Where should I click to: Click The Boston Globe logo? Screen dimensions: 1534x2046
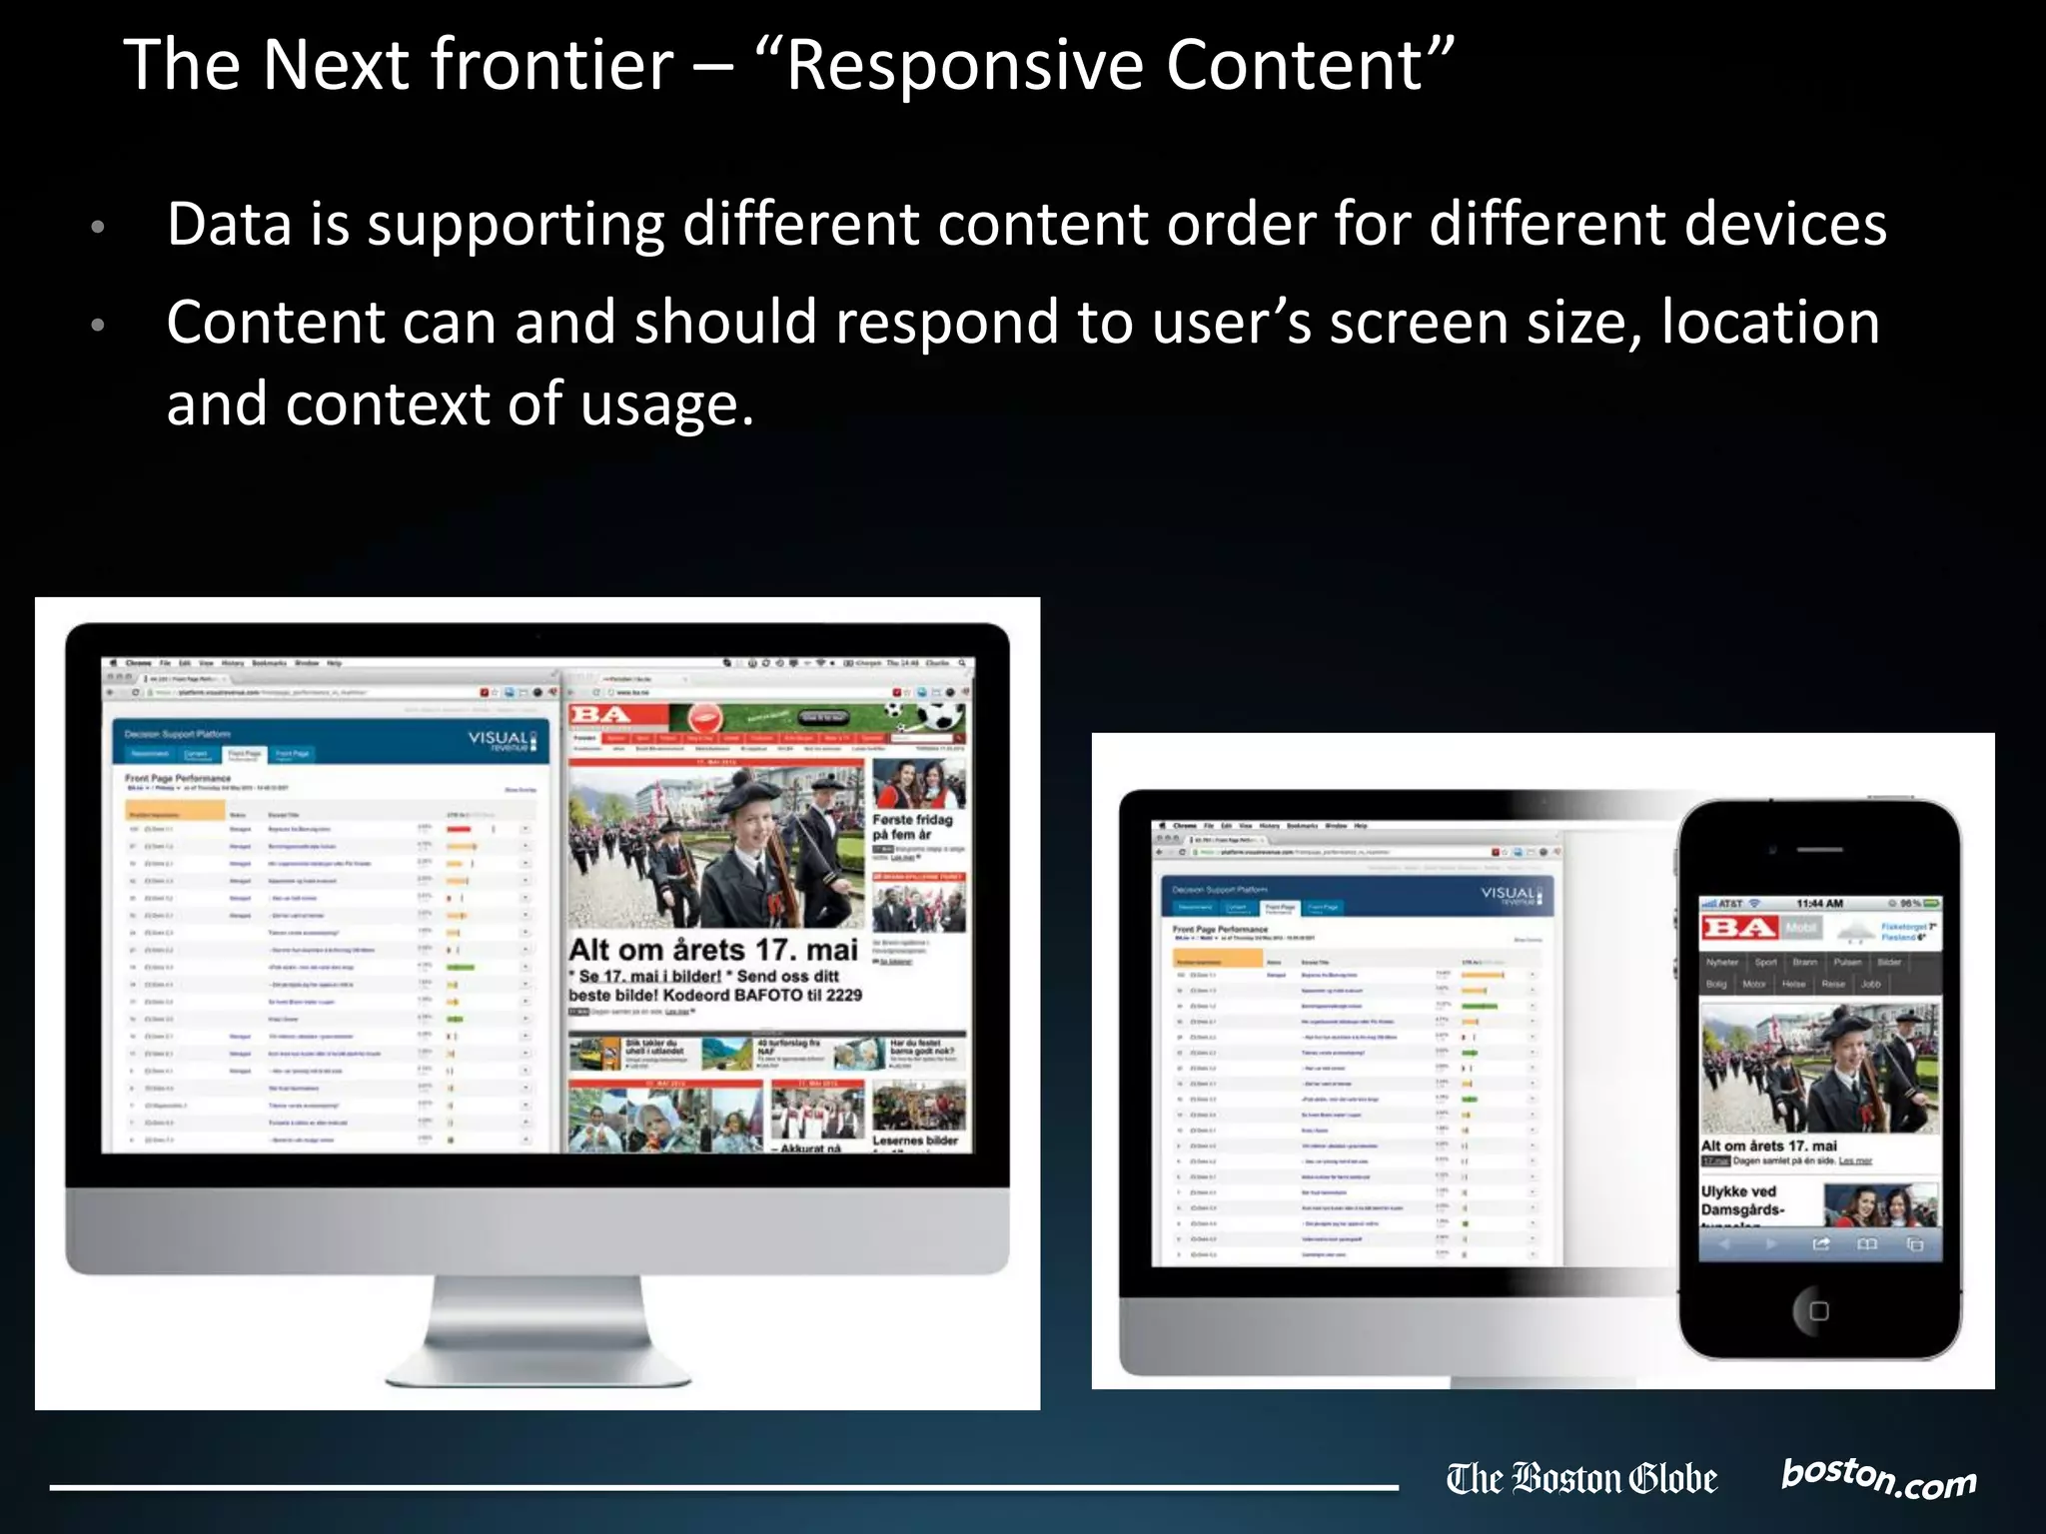[x=1581, y=1479]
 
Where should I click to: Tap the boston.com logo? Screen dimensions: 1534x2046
[x=1878, y=1478]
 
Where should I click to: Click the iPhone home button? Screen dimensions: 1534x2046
[x=1818, y=1310]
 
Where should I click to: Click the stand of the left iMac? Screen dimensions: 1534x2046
[x=537, y=1328]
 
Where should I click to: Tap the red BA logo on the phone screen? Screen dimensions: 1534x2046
[x=1739, y=928]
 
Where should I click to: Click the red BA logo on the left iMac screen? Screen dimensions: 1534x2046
[x=600, y=715]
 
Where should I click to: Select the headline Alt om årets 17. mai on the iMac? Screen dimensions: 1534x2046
[x=713, y=950]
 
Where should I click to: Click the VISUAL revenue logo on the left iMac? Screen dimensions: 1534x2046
[x=502, y=740]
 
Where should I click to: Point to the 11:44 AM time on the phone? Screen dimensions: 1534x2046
[x=1819, y=904]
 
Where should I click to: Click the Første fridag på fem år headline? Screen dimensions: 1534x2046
[x=912, y=827]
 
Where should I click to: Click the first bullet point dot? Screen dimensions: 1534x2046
[x=98, y=227]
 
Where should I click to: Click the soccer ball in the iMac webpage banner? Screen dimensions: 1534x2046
[x=943, y=717]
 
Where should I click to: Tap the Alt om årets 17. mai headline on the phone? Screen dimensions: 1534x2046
[x=1768, y=1146]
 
